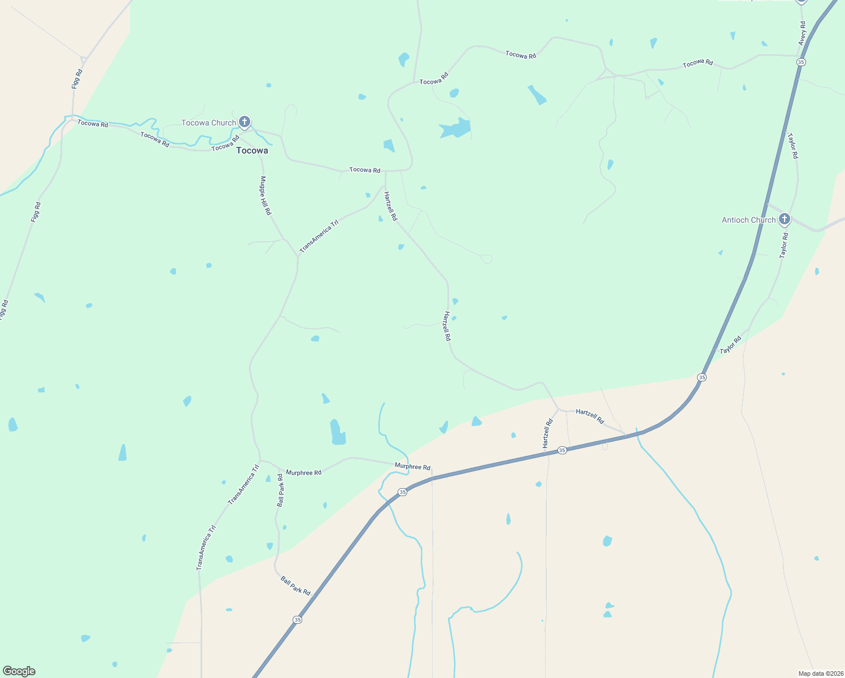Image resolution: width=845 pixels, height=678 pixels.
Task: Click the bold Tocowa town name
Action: tap(252, 151)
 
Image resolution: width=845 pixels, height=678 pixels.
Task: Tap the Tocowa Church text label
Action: tap(208, 123)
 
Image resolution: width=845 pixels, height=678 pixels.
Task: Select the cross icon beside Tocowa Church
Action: tap(245, 121)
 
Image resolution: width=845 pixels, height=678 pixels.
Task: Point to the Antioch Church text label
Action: tap(748, 220)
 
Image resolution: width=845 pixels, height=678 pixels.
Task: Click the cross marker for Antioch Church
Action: tap(784, 219)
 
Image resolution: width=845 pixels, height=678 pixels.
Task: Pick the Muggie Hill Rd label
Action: tap(265, 195)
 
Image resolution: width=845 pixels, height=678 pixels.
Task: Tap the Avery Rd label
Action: tap(802, 33)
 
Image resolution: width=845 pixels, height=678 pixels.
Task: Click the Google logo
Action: tap(19, 671)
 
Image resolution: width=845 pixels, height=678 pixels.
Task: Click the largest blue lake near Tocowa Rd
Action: tap(455, 129)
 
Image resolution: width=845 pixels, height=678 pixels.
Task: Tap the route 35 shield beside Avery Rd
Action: tap(801, 62)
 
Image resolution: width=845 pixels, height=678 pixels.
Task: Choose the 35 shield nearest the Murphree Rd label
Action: tap(402, 492)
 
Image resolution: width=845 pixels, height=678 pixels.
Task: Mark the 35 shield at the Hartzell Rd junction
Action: tap(561, 450)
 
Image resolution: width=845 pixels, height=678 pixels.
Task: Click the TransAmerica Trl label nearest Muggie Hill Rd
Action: tap(319, 236)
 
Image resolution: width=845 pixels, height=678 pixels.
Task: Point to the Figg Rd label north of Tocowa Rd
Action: tap(77, 79)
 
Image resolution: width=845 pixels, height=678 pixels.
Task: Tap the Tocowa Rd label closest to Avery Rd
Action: tap(698, 63)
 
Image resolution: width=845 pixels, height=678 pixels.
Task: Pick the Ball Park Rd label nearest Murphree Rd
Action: tap(280, 490)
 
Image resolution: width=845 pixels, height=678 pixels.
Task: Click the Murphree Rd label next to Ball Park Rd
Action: tap(303, 472)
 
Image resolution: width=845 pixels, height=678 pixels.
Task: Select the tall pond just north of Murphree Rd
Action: tap(337, 432)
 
